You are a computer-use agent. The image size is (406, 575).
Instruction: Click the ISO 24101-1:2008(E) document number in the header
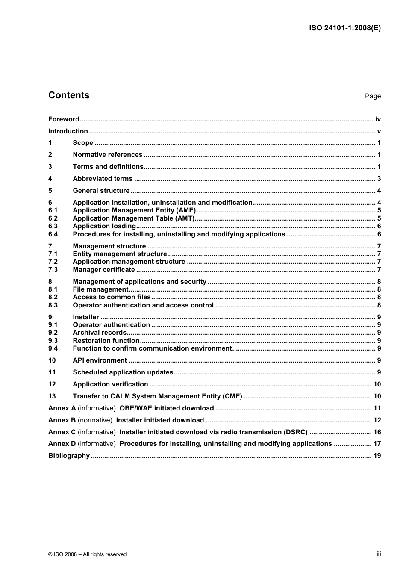tap(344, 28)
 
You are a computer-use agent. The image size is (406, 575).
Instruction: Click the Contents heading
tap(69, 95)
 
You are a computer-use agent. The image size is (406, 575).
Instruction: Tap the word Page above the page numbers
tap(373, 96)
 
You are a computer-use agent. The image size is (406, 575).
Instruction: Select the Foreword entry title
tap(64, 119)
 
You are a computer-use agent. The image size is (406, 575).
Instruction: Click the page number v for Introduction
tap(379, 131)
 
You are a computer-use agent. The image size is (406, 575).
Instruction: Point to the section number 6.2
tap(53, 218)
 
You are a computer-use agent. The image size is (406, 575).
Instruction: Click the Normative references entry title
tap(107, 155)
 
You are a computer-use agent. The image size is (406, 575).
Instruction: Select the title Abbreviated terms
tap(103, 179)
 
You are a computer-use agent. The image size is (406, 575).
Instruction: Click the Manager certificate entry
tap(104, 270)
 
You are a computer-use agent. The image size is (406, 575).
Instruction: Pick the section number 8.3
tap(53, 305)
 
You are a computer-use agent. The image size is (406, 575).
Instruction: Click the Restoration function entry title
tap(106, 341)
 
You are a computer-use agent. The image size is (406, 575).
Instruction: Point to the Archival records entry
tap(100, 333)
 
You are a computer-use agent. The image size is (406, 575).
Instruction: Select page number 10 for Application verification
tap(377, 384)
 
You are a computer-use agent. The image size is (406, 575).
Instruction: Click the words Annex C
tap(62, 432)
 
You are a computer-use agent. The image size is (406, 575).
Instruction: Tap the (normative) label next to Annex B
tap(95, 420)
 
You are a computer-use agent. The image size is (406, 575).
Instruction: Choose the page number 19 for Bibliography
tap(377, 456)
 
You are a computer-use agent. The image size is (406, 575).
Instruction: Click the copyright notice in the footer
tap(87, 554)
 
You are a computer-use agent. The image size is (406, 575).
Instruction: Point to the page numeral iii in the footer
tap(379, 554)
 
